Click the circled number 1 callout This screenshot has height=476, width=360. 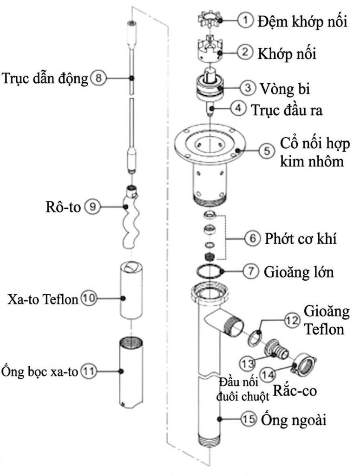tap(245, 20)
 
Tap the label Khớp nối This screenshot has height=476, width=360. tap(287, 54)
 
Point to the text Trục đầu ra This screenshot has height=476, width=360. tap(287, 110)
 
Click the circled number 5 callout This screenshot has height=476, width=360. tap(267, 151)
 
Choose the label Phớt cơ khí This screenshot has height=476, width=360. tap(301, 238)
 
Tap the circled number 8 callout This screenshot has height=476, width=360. tap(98, 78)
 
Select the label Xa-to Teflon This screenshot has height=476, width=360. tap(43, 299)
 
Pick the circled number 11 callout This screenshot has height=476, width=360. tap(88, 371)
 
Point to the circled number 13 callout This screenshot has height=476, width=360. tap(248, 364)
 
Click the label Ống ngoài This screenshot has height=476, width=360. tap(294, 420)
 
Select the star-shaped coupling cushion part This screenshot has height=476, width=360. tap(210, 20)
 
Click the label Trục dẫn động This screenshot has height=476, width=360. tap(45, 79)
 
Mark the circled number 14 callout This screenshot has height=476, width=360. tap(268, 375)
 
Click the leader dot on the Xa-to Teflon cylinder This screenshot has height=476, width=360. tap(123, 298)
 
